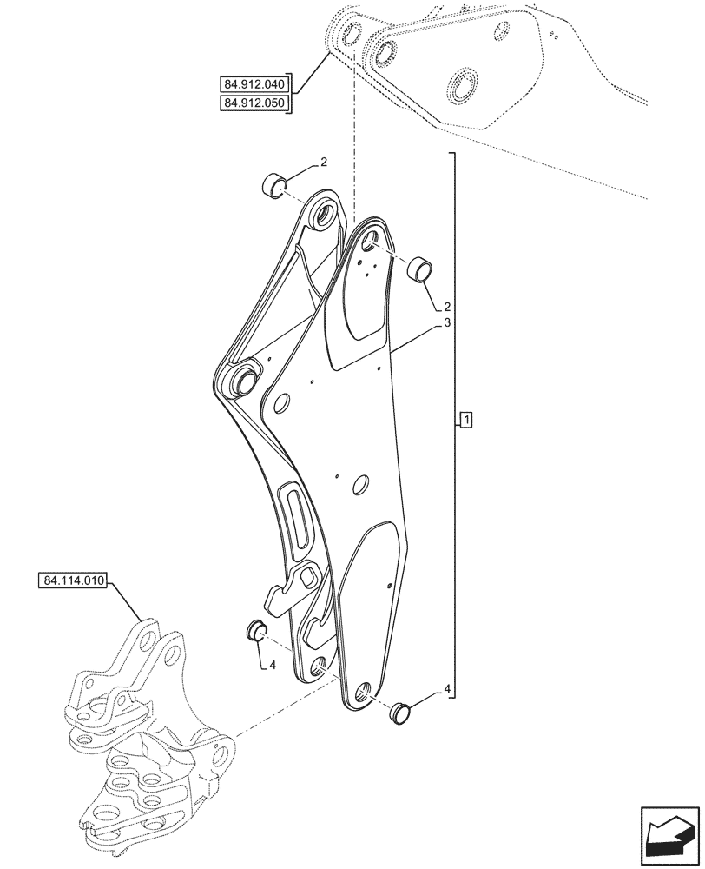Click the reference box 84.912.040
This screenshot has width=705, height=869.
tap(254, 84)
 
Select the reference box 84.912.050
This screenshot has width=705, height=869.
tap(254, 104)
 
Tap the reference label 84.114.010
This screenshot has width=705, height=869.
tap(72, 580)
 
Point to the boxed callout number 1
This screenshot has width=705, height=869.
tap(466, 421)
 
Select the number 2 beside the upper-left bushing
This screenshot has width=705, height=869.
tap(323, 163)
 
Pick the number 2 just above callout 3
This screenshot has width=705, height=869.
tap(446, 307)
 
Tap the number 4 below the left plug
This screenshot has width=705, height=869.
tap(272, 666)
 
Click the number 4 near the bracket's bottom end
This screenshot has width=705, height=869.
tap(447, 689)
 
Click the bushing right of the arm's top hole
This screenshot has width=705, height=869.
tap(420, 268)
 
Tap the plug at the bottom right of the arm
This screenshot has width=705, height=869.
tap(399, 711)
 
